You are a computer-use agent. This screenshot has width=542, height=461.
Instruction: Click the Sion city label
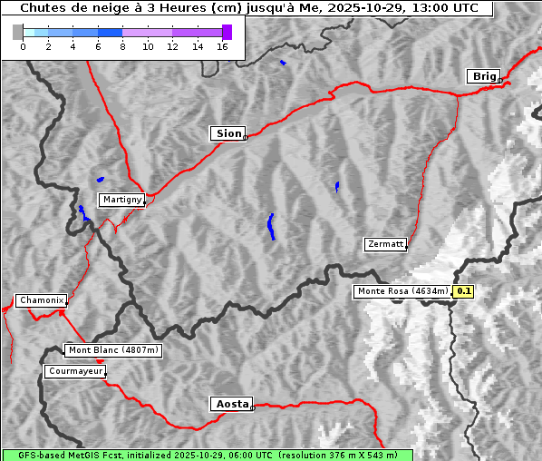(x=228, y=133)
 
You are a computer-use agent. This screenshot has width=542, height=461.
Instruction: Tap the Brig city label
(x=482, y=76)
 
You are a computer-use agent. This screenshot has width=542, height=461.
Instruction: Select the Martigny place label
(x=121, y=200)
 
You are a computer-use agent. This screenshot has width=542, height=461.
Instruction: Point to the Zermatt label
(x=385, y=244)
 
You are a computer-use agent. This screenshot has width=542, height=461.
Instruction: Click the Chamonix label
(x=41, y=300)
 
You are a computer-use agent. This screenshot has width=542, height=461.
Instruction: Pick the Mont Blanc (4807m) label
(x=113, y=350)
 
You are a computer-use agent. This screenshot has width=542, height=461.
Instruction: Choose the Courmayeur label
(x=75, y=371)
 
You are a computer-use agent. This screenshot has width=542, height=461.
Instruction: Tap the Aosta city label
(x=230, y=404)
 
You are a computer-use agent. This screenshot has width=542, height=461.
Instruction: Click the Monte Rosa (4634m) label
(x=402, y=291)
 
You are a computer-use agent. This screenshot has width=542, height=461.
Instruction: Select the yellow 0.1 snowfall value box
(x=464, y=291)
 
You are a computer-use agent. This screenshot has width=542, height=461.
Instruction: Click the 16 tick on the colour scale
(x=222, y=46)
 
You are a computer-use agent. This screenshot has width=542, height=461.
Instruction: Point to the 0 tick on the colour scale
(x=23, y=46)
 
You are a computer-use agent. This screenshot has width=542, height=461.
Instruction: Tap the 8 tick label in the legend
(x=122, y=46)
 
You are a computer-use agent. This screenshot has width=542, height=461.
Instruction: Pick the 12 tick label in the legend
(x=172, y=46)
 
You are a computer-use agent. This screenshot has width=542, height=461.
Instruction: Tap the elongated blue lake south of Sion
(x=271, y=226)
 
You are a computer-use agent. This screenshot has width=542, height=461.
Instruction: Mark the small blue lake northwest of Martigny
(x=100, y=179)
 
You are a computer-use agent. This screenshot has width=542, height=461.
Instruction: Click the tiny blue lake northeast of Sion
(x=283, y=63)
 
